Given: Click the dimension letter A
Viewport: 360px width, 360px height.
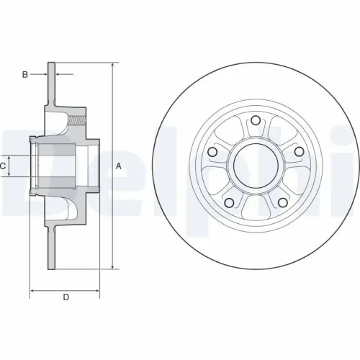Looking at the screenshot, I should click(118, 166).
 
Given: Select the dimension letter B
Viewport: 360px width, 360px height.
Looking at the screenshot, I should click(24, 74).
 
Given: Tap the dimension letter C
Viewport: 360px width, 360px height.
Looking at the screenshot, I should click(4, 166).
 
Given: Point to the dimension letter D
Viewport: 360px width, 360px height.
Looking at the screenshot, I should click(66, 297).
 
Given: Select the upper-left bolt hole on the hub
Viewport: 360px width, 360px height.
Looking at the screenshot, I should click(213, 152).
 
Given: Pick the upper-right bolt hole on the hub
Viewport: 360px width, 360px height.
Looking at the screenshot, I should click(298, 152).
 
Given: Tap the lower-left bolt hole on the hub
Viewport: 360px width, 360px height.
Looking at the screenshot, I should click(230, 202).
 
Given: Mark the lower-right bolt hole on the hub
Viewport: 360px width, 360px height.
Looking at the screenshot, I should click(282, 202).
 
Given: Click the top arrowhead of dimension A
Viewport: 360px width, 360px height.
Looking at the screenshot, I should click(113, 65).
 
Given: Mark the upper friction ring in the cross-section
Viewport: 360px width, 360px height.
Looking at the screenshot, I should click(51, 86).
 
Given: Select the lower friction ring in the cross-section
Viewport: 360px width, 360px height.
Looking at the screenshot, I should click(51, 248).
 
